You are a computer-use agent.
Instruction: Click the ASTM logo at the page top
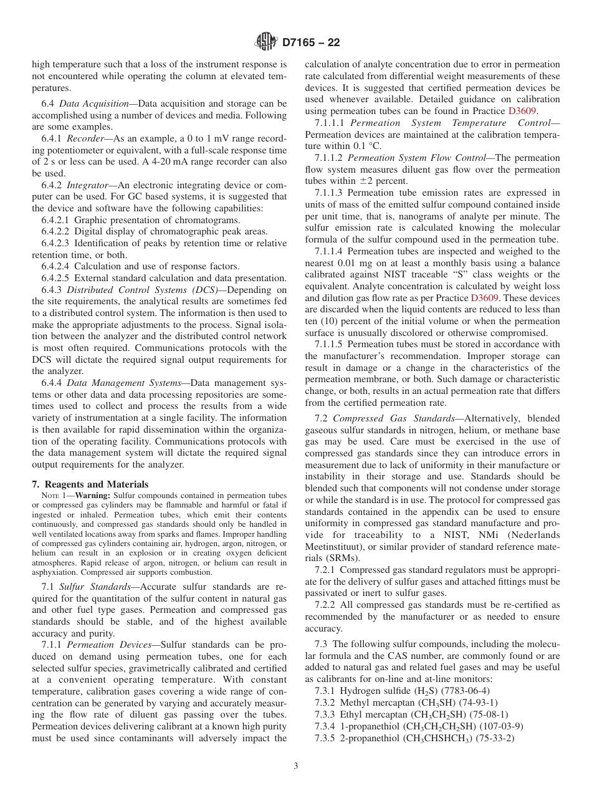(266, 43)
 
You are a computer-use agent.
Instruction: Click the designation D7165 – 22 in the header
(310, 43)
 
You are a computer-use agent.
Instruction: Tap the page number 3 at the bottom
(296, 766)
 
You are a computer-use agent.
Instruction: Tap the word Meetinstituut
(336, 547)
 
